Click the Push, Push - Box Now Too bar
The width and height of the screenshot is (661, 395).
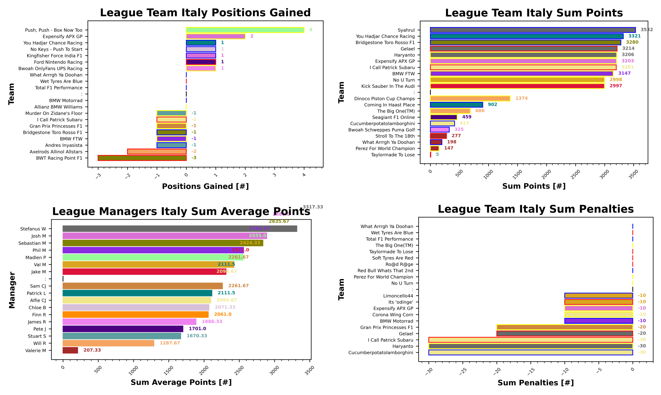tap(245, 30)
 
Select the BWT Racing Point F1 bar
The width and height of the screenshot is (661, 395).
tap(142, 158)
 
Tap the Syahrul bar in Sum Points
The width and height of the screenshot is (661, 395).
tap(532, 30)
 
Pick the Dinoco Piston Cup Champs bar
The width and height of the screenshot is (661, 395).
tap(470, 98)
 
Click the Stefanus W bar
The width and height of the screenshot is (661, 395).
tap(179, 229)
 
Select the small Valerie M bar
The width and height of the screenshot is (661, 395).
tap(70, 350)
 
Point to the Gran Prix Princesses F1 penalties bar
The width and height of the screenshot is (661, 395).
tap(564, 327)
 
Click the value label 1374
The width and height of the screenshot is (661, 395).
tap(521, 98)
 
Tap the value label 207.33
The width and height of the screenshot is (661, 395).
tap(92, 350)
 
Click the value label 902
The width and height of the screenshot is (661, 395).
tap(492, 104)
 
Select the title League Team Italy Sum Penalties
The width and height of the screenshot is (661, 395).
tap(535, 209)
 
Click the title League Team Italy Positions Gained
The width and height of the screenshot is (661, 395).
tap(205, 13)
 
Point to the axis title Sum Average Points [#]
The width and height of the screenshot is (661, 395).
tap(181, 382)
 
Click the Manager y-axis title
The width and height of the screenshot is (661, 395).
tap(12, 290)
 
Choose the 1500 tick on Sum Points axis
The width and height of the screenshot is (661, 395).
tap(517, 174)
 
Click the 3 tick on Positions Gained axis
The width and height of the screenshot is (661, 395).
tap(274, 175)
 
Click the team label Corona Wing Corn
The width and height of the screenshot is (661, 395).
tap(392, 315)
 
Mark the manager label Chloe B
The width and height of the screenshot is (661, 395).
tap(37, 307)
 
